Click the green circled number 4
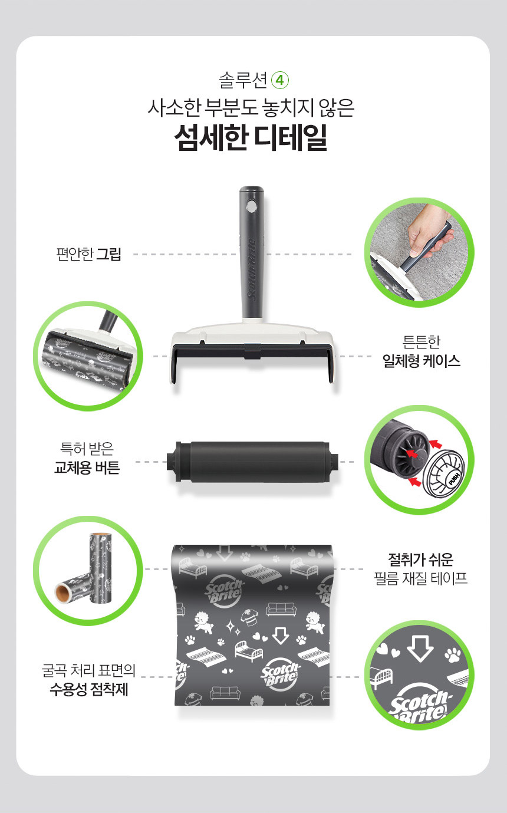[280, 81]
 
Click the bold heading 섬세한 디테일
[251, 137]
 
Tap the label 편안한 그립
[88, 254]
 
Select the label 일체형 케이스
[422, 361]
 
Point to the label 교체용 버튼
[87, 468]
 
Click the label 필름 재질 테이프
[421, 578]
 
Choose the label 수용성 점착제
[89, 689]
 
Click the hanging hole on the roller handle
[251, 206]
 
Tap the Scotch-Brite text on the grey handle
[252, 269]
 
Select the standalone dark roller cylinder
[252, 462]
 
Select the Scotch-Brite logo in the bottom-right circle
[419, 706]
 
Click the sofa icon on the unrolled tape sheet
[281, 610]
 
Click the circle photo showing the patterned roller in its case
[88, 356]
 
